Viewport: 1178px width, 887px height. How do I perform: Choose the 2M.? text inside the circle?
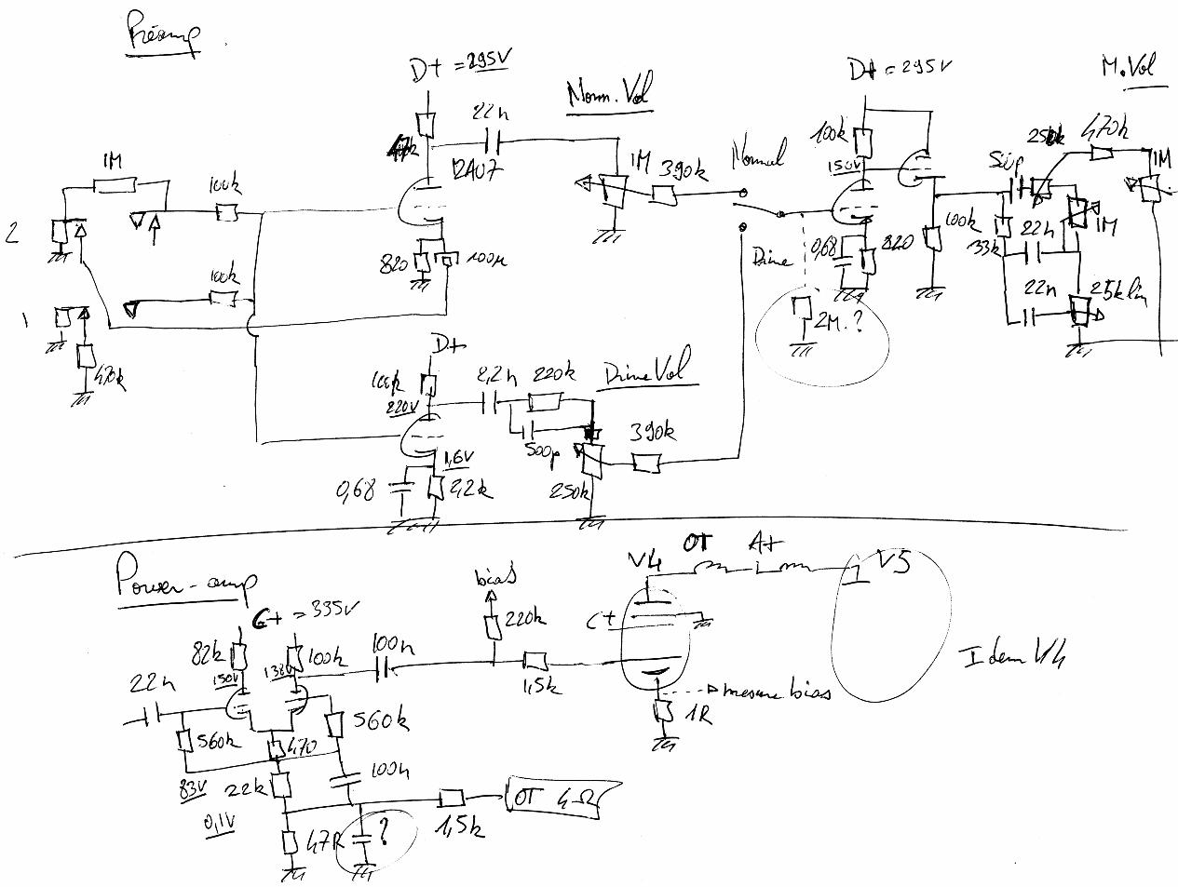pos(836,322)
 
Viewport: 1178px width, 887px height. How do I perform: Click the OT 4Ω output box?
pos(555,798)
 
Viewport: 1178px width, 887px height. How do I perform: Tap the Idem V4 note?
pos(1012,657)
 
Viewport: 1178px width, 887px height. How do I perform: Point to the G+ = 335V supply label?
pos(298,621)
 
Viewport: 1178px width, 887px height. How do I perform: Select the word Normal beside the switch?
pos(759,152)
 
